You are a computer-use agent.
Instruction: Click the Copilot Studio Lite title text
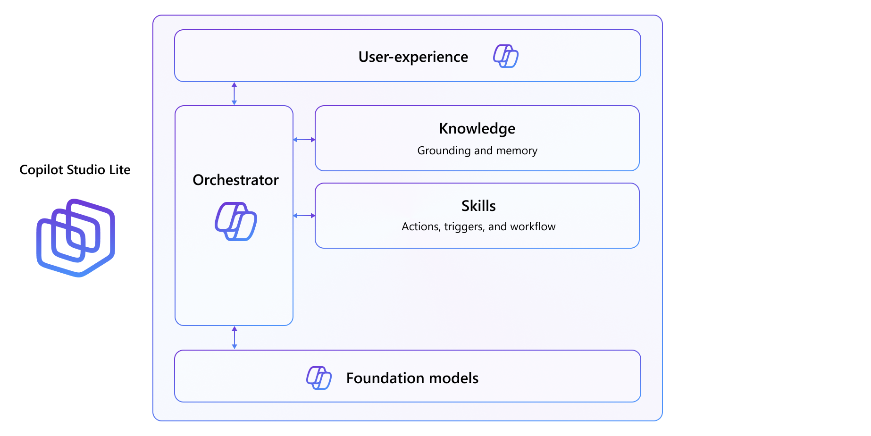point(75,170)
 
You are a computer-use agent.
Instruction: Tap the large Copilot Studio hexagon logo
point(76,238)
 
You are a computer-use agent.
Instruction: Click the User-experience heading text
point(413,57)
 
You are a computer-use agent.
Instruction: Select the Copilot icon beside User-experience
point(506,57)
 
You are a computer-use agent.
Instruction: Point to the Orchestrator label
point(235,180)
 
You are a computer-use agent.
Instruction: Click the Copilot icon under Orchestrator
point(236,221)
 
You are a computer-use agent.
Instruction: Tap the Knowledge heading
point(477,129)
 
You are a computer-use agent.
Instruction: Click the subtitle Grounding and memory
point(477,151)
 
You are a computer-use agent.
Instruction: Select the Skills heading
point(478,206)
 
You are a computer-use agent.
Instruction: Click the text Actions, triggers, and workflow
point(478,226)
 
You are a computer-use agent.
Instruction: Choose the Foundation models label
point(412,378)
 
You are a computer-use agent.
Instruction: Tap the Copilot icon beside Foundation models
point(319,377)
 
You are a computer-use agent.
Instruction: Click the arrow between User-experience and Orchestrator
point(234,93)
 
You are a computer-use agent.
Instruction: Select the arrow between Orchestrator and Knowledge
point(304,140)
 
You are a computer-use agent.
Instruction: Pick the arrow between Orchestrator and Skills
point(304,216)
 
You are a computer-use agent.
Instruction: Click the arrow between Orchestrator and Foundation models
point(234,337)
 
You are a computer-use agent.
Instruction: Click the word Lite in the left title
point(120,170)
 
